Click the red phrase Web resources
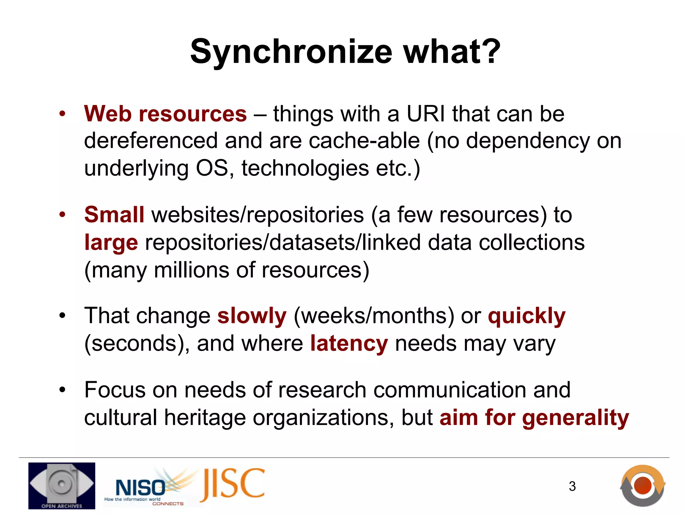(x=165, y=114)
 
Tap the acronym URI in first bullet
(x=425, y=114)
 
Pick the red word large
(x=111, y=242)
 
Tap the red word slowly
(x=252, y=316)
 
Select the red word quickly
(x=526, y=316)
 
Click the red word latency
(x=349, y=343)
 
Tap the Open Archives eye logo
(x=62, y=486)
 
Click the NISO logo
(x=140, y=488)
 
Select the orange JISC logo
(x=233, y=484)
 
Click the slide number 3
(x=572, y=486)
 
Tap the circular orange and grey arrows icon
(x=643, y=485)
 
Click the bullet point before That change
(x=62, y=316)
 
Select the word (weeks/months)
(x=374, y=316)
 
